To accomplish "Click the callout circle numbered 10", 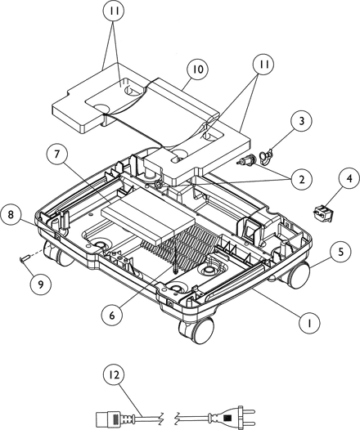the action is pos(197,69).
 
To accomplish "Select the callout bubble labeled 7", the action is pos(56,155).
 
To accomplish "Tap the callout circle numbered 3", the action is pos(302,121).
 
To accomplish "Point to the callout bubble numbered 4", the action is pos(349,178).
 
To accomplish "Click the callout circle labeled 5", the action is pos(341,252).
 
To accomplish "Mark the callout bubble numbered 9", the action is pos(41,285).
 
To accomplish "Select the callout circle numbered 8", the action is pos(11,214).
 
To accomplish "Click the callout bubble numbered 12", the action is pos(115,374).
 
